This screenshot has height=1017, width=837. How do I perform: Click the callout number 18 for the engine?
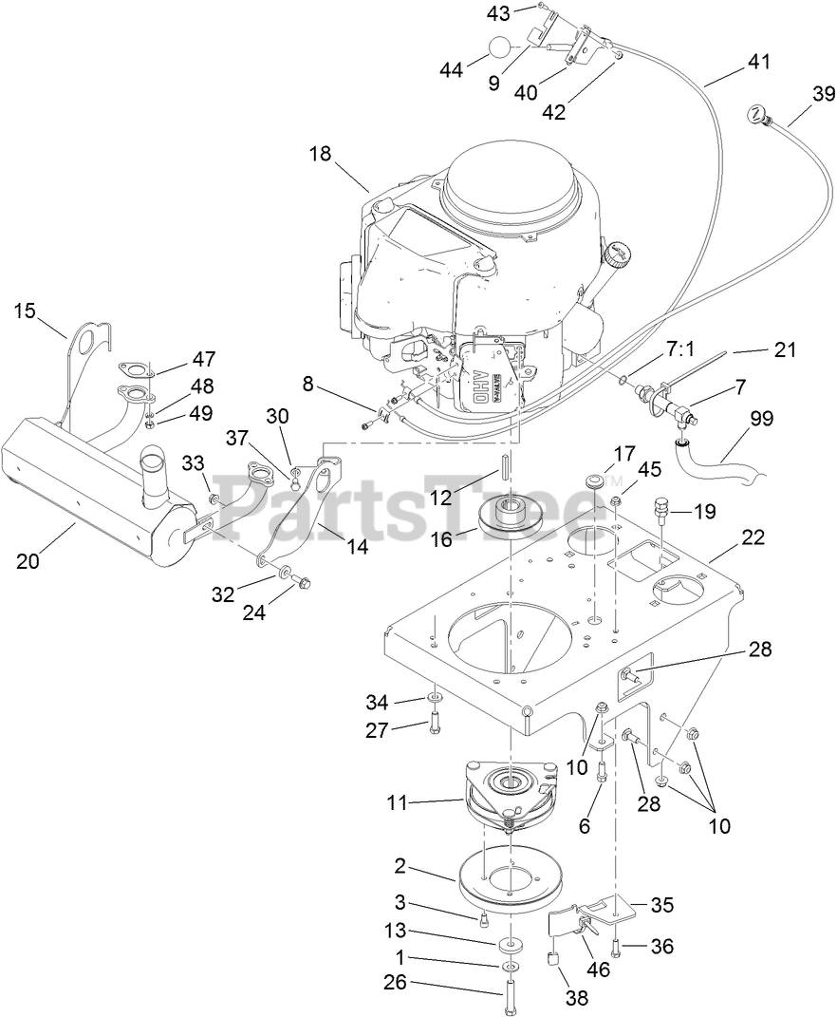tap(320, 154)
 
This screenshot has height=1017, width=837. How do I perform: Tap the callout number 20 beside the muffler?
tap(28, 560)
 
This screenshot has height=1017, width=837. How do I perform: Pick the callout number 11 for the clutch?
tap(397, 802)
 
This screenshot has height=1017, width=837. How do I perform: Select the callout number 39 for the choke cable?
tap(823, 93)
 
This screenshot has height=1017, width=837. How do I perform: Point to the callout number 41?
tap(758, 62)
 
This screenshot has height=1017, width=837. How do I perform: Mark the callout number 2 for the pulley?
tap(400, 865)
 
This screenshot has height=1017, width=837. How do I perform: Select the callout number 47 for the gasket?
tap(203, 359)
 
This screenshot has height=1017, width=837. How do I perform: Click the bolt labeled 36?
tap(618, 946)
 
